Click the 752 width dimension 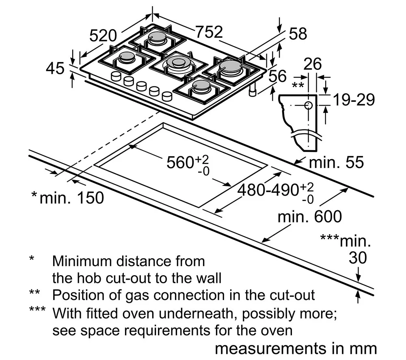(209, 32)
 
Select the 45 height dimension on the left (55, 68)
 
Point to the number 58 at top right (298, 34)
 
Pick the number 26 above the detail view (313, 64)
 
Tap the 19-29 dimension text (354, 100)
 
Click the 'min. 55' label (336, 162)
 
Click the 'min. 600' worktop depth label (310, 217)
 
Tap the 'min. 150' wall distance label (67, 198)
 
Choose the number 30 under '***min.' (358, 258)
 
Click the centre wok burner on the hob (177, 63)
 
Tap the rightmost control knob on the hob (167, 96)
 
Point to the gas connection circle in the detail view (308, 106)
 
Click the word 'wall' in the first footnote (209, 278)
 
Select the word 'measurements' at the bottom (270, 349)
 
